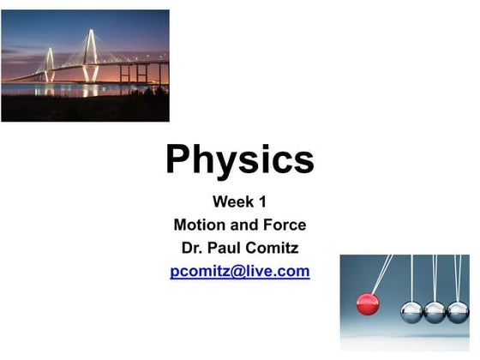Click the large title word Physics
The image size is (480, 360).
tap(239, 160)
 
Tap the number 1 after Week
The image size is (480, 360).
tap(262, 203)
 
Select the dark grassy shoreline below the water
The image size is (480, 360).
tap(86, 110)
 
